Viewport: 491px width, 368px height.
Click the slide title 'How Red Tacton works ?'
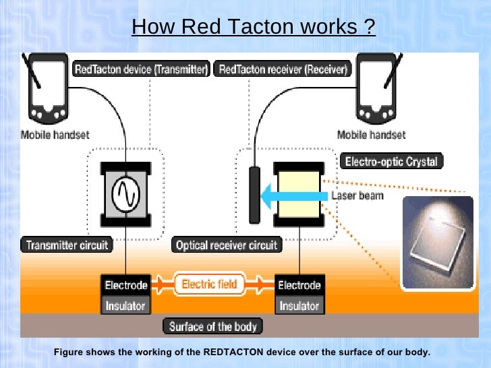click(x=254, y=27)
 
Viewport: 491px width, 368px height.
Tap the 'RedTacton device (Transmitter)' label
click(x=141, y=69)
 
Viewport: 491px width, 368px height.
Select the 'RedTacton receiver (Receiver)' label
click(x=283, y=69)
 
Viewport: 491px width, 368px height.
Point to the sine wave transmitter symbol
click(x=125, y=194)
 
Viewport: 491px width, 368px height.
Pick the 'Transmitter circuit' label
click(x=67, y=245)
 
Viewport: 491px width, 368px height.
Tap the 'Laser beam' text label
click(x=359, y=196)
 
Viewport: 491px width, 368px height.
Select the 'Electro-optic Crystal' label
click(x=391, y=162)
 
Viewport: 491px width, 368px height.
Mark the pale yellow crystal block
click(x=297, y=194)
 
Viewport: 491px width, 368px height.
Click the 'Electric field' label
click(x=209, y=284)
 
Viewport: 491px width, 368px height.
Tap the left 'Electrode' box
click(x=125, y=285)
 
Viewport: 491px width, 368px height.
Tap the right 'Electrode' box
click(x=299, y=285)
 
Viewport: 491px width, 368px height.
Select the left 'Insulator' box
click(x=125, y=305)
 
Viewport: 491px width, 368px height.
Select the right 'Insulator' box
click(x=299, y=305)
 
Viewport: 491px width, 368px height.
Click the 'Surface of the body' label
click(x=213, y=327)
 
